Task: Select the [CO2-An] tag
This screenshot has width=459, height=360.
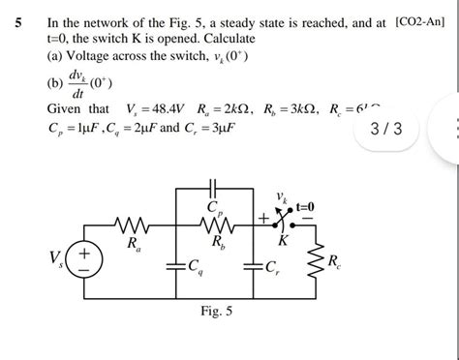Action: click(x=421, y=15)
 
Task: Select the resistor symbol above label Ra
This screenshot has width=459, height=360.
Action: click(x=131, y=228)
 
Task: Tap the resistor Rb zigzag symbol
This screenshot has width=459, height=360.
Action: click(x=217, y=228)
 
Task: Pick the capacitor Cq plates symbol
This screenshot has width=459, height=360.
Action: click(x=174, y=264)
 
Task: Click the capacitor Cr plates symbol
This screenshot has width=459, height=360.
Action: click(x=260, y=264)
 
